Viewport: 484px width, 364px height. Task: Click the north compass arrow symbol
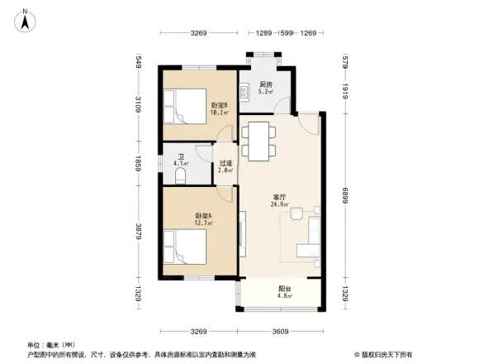tap(26, 20)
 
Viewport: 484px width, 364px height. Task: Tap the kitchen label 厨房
tap(266, 84)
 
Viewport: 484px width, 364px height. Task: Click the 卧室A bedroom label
tap(203, 217)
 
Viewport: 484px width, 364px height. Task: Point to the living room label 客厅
tap(279, 197)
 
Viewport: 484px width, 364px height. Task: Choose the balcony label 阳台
tap(278, 288)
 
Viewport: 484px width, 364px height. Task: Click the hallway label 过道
tap(225, 163)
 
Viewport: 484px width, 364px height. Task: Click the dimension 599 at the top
tap(286, 33)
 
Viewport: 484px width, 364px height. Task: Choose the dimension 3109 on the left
tap(140, 105)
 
